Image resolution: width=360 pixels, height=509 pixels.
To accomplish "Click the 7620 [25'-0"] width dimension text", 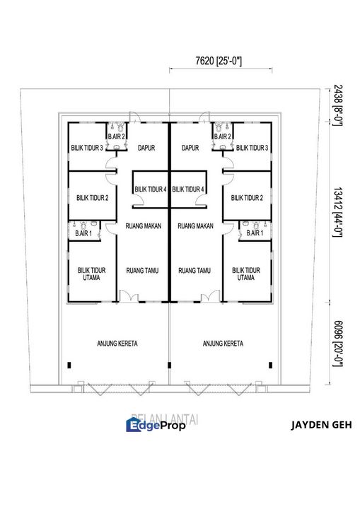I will coord(219,62).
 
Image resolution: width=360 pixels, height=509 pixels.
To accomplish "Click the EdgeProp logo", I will coord(156,425).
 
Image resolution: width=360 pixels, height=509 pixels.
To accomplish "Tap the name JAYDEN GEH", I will coord(321,426).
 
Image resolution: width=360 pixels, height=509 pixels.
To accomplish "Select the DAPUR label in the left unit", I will coord(146,148).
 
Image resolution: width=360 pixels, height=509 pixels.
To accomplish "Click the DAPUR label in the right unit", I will coord(190,148).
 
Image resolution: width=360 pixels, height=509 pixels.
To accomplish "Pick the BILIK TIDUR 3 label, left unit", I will coord(87,148).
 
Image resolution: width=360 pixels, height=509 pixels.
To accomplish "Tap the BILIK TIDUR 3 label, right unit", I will coord(252,148).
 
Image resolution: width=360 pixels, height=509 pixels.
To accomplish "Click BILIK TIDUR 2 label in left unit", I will coord(92,198).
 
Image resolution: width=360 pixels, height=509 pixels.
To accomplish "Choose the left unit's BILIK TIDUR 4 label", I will coord(150,189).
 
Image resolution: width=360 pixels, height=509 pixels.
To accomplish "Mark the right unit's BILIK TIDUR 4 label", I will coord(188,189).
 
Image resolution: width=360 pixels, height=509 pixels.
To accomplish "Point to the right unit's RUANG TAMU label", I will coord(195,270).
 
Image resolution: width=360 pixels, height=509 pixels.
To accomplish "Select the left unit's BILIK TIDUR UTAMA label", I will coord(91,274).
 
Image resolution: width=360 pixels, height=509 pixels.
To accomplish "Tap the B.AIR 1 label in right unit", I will coord(255,233).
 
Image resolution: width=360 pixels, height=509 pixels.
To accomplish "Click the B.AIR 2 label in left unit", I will coord(116,136).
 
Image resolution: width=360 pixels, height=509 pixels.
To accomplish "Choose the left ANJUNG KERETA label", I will coord(117,344).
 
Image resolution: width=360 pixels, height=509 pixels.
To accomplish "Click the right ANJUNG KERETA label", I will coord(223,344).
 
